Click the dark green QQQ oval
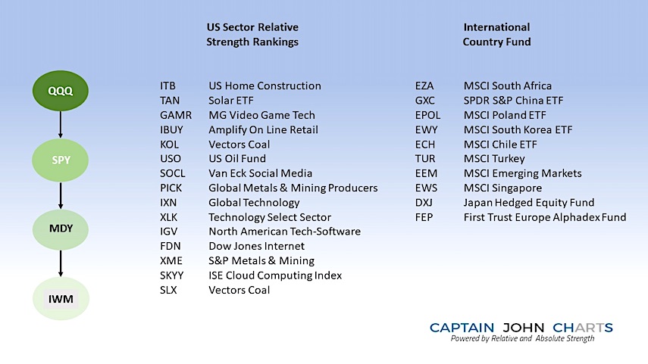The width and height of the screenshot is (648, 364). tap(61, 91)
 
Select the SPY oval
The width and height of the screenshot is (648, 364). tap(61, 160)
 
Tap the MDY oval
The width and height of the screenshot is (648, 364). tap(61, 229)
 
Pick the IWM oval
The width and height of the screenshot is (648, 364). tap(61, 298)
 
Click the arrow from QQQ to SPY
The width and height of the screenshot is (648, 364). tap(61, 124)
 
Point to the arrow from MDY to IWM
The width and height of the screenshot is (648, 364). tap(61, 263)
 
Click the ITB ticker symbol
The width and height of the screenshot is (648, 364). tap(167, 86)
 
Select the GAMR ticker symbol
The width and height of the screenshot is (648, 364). tap(176, 115)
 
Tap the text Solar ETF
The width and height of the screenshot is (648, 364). tap(230, 101)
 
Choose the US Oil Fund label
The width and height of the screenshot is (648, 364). tap(236, 158)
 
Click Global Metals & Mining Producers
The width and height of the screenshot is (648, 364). tap(293, 188)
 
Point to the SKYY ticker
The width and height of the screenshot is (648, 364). tap(171, 275)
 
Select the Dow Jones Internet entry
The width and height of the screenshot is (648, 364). tap(256, 246)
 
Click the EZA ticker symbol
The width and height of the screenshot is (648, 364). tap(424, 86)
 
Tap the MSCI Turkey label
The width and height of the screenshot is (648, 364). tap(494, 158)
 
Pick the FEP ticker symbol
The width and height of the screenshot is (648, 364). tap(424, 217)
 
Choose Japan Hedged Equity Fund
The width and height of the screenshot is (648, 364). tap(528, 203)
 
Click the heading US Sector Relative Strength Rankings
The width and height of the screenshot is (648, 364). tap(252, 35)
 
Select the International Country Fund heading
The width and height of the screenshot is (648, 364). tap(496, 35)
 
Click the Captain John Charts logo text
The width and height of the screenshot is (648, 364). tap(521, 328)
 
